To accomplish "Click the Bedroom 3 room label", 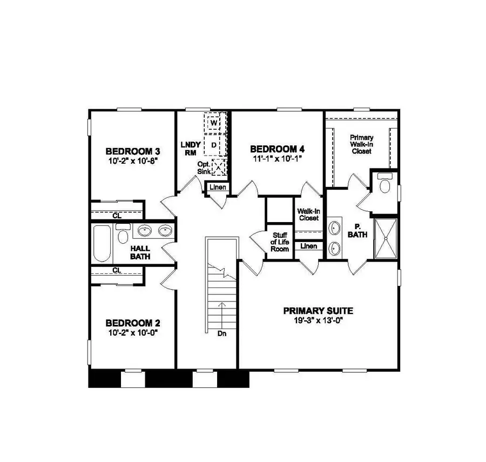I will tap(133, 151).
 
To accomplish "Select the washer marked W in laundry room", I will tap(214, 123).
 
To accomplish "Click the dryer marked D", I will tap(214, 145).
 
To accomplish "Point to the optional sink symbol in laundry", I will tap(218, 168).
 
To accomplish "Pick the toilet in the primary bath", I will tap(385, 184).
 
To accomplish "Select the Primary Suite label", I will tap(318, 311).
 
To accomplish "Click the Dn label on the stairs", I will tap(220, 333).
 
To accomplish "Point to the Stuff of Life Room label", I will tap(280, 242).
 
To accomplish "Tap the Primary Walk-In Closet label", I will tap(361, 144).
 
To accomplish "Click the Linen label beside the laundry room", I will tap(218, 188).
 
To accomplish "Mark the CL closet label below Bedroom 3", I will tap(117, 216).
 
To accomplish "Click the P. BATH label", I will tap(357, 231).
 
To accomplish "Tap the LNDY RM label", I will tap(191, 148).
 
